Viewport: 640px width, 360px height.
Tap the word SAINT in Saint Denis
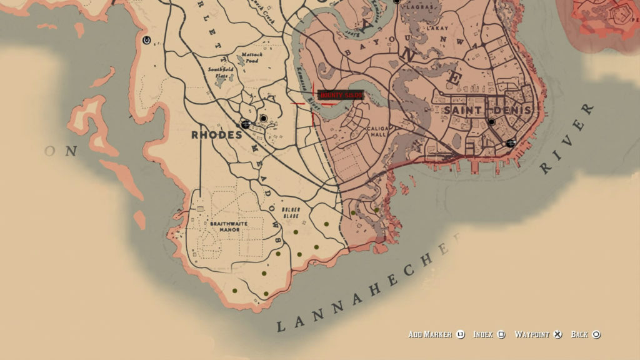[463, 110]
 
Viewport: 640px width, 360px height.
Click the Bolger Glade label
[291, 211]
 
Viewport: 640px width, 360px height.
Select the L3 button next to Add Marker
[461, 334]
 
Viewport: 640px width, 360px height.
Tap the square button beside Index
[501, 334]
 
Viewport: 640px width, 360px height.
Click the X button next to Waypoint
[558, 334]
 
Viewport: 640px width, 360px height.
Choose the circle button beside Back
[596, 334]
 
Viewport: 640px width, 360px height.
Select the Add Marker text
[430, 334]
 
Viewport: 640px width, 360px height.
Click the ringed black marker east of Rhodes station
[264, 118]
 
